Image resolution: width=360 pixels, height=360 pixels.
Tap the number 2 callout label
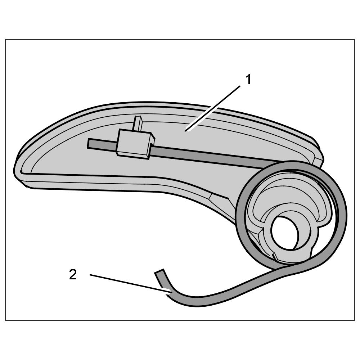73,275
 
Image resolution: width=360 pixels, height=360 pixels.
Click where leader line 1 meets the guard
186,130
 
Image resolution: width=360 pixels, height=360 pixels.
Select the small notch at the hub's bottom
275,256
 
